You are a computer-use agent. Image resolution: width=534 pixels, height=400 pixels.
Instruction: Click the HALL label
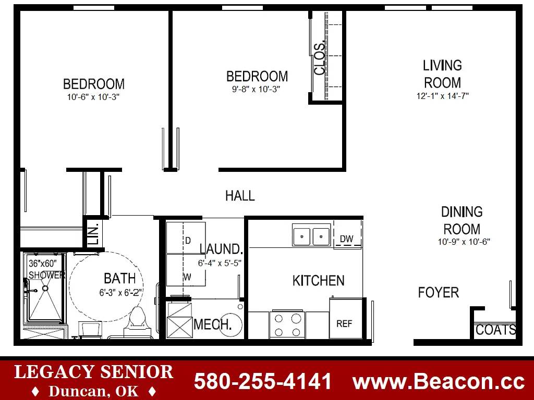click(x=240, y=196)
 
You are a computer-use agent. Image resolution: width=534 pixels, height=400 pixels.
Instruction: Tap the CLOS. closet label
click(x=320, y=59)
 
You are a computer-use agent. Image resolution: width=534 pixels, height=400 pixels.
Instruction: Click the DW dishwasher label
click(x=346, y=239)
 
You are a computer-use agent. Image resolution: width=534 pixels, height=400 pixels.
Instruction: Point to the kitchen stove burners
click(x=287, y=325)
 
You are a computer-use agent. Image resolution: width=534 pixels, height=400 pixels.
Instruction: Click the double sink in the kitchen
click(x=311, y=235)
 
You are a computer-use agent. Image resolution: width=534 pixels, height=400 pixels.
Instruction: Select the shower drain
click(x=45, y=288)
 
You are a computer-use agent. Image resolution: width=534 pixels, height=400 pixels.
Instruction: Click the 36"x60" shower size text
click(x=43, y=263)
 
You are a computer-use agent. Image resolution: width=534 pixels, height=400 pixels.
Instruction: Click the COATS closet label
click(x=495, y=330)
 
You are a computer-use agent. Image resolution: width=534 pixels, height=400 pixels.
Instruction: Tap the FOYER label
click(x=438, y=293)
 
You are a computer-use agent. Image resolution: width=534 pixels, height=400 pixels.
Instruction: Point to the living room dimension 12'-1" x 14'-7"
click(x=442, y=96)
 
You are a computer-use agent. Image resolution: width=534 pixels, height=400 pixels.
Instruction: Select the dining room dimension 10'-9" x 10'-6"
click(x=464, y=242)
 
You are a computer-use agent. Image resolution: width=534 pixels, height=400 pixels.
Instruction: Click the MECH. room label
click(x=213, y=324)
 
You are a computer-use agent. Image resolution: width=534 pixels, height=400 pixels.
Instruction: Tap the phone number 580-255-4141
click(x=262, y=381)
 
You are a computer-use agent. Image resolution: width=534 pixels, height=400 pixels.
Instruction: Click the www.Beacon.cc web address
click(x=438, y=381)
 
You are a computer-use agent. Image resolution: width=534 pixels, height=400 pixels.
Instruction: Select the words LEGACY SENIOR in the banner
click(x=94, y=372)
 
